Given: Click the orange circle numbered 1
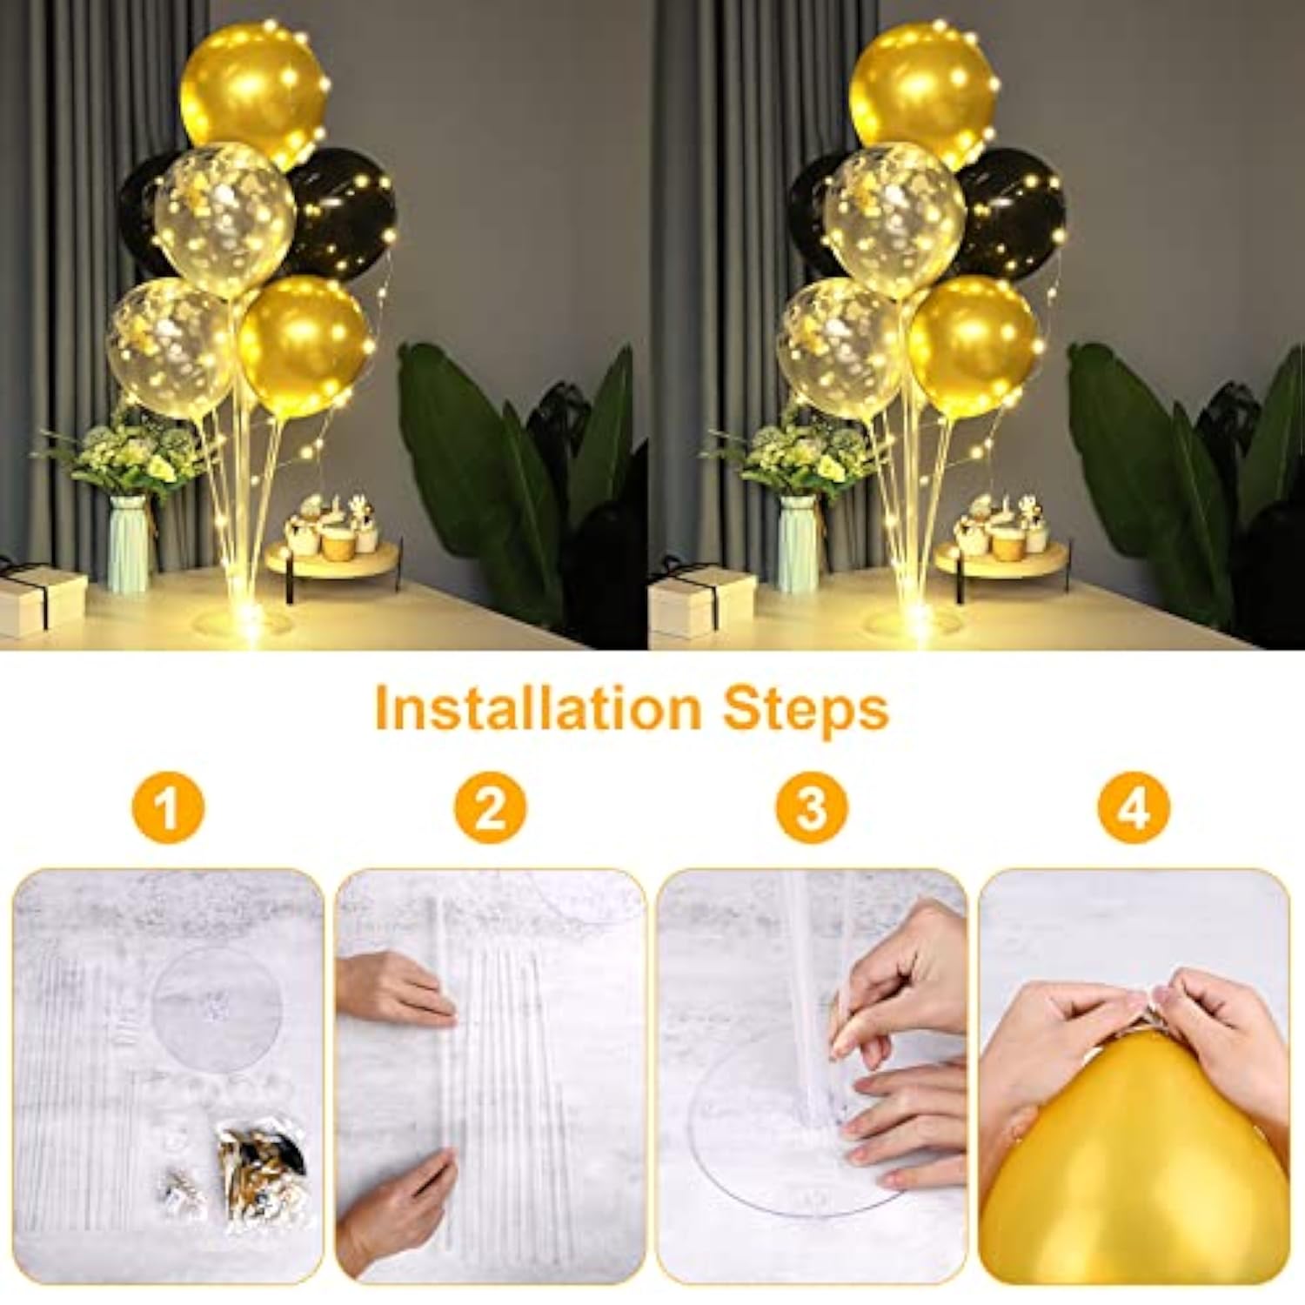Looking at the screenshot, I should click(x=167, y=809).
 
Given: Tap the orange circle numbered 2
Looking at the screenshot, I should click(x=490, y=809).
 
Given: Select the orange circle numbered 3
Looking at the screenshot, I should click(x=811, y=809).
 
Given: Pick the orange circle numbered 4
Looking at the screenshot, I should click(x=1133, y=809).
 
